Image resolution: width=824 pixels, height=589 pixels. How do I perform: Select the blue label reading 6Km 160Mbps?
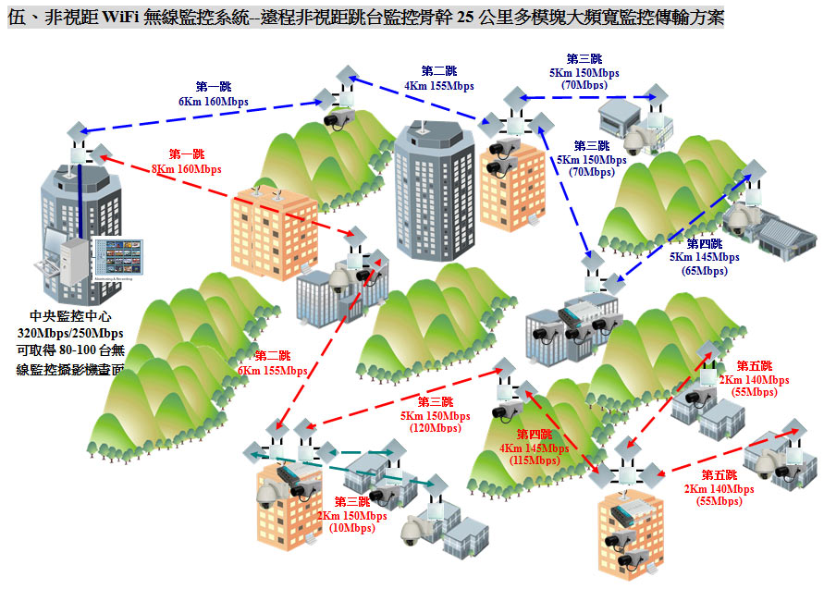214,101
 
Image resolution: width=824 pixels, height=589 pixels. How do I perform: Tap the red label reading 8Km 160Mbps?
187,169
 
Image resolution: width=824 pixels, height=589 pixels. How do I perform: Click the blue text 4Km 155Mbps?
438,85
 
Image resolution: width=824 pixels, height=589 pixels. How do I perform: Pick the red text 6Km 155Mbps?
272,370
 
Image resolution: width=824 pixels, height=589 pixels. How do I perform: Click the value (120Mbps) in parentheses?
434,428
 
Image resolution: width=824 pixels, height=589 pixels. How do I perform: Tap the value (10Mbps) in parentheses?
352,528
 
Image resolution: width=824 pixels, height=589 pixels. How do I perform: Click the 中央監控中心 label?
70,315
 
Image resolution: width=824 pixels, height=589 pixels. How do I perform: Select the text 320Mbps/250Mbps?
70,333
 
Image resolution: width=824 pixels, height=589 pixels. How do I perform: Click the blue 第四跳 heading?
705,242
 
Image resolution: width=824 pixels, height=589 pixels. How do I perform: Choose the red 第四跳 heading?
534,435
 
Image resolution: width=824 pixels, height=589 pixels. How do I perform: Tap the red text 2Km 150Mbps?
352,515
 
